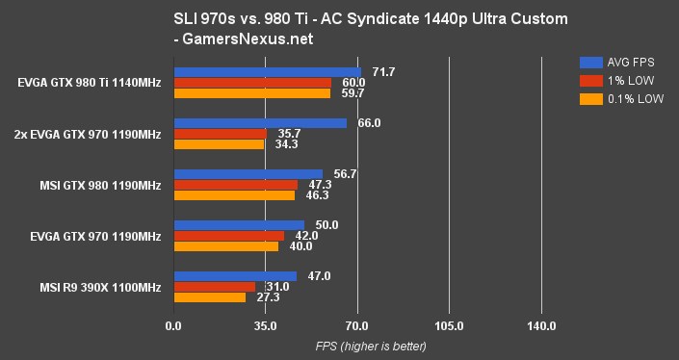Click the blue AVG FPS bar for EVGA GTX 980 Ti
point(267,71)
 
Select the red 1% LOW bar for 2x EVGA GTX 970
point(220,134)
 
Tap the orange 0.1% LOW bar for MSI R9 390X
point(209,297)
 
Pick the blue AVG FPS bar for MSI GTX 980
point(248,174)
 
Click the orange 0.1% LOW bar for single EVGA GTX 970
point(225,246)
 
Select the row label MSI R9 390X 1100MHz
point(98,287)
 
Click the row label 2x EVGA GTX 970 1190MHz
point(88,133)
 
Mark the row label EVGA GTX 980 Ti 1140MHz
point(88,82)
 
